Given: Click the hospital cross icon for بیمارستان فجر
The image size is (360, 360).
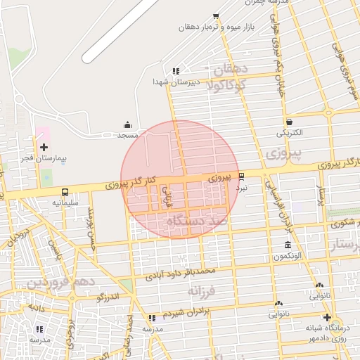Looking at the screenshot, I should click(44, 147).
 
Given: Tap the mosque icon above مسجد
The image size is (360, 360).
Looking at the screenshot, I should click(127, 124).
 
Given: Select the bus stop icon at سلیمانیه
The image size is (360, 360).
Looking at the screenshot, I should click(65, 191).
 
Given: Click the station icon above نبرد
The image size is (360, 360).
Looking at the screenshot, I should click(242, 176).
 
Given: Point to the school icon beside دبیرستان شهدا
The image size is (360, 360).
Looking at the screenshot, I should click(176, 70).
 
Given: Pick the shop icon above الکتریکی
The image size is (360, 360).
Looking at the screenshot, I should click(289, 121).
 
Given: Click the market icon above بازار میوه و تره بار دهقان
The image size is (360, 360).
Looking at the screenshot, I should click(215, 15).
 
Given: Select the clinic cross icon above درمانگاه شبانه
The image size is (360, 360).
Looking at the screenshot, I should click(327, 317).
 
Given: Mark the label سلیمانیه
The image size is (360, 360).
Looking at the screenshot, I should click(66, 202).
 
